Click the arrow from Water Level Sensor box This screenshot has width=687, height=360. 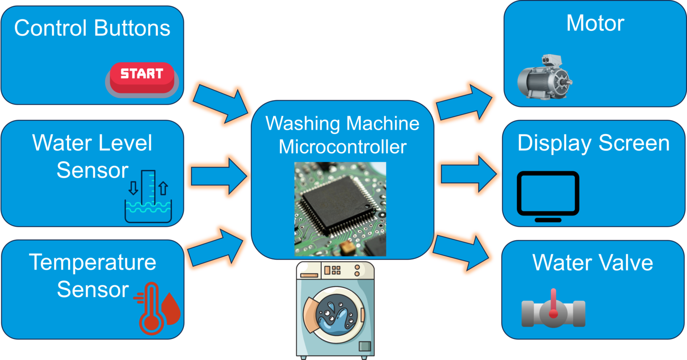[217, 175]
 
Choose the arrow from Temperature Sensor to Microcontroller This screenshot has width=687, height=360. [216, 248]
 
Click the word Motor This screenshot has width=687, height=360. [595, 23]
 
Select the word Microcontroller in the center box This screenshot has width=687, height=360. [343, 147]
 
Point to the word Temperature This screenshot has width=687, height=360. [93, 262]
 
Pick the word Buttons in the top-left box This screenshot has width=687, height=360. [131, 28]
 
